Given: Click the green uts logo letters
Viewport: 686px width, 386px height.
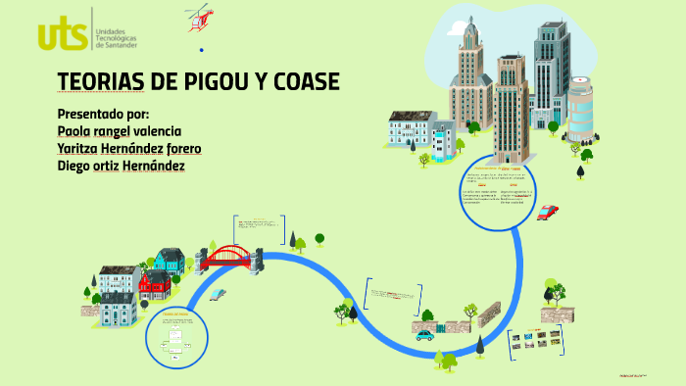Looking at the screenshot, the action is pyautogui.click(x=62, y=32).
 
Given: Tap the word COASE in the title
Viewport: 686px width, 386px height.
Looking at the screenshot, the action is pyautogui.click(x=299, y=81).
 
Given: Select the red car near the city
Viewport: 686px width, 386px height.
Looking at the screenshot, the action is pyautogui.click(x=548, y=212).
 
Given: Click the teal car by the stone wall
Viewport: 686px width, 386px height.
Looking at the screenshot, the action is pyautogui.click(x=424, y=335).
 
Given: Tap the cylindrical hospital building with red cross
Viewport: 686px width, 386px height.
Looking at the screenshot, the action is pyautogui.click(x=580, y=110).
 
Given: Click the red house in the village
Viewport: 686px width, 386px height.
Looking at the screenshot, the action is pyautogui.click(x=154, y=285).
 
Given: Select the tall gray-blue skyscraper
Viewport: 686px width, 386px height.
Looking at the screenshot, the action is pyautogui.click(x=551, y=69).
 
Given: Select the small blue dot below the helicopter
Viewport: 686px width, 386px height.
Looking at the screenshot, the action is pyautogui.click(x=201, y=49).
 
